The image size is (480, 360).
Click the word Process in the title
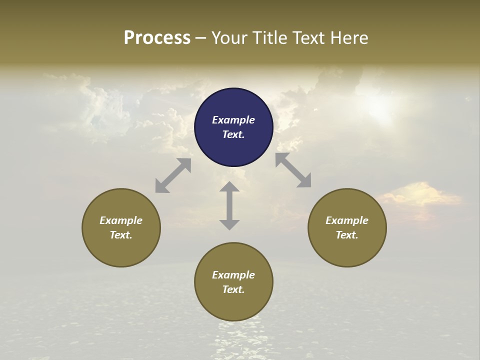(x=157, y=38)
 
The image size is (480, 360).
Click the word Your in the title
(x=229, y=38)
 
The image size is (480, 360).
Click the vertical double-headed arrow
(x=229, y=205)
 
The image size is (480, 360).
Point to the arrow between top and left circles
(x=173, y=175)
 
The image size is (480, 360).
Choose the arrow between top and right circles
(x=293, y=170)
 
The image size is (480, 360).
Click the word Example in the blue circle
(x=233, y=120)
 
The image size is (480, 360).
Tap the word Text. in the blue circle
(x=233, y=134)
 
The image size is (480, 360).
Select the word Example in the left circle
(x=121, y=220)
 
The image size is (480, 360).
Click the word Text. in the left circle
(x=121, y=235)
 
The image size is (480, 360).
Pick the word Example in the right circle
(x=347, y=220)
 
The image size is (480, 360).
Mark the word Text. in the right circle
(x=347, y=235)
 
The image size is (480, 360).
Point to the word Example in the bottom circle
(x=233, y=275)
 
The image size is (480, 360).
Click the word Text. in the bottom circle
(x=233, y=289)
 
